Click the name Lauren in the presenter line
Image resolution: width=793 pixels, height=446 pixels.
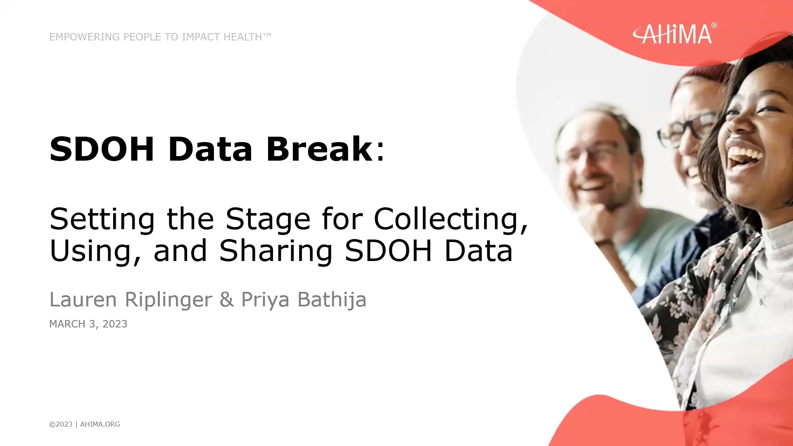click(x=83, y=299)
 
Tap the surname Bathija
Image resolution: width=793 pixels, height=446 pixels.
click(x=332, y=299)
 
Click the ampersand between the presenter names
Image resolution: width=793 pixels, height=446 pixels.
click(x=227, y=299)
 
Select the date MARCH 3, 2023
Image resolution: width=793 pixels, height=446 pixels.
click(x=88, y=324)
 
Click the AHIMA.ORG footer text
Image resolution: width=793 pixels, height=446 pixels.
click(x=100, y=424)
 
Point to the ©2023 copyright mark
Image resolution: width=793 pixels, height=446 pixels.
click(x=61, y=424)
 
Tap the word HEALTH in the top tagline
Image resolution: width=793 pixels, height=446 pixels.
click(x=242, y=37)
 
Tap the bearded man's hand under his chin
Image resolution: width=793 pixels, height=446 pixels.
click(x=595, y=219)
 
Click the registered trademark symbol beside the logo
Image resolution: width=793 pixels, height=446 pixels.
click(x=714, y=26)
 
